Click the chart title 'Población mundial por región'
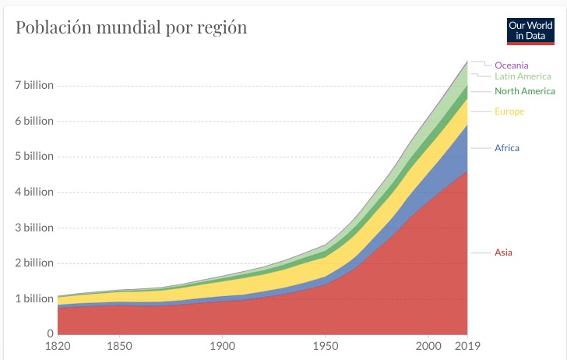[x=132, y=28]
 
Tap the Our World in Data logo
[x=530, y=30]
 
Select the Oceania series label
[x=512, y=65]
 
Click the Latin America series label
[x=523, y=76]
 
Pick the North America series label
[x=525, y=91]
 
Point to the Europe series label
[x=509, y=111]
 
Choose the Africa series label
[x=506, y=148]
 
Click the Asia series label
[x=503, y=252]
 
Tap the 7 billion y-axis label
[x=32, y=85]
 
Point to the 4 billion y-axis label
[x=32, y=192]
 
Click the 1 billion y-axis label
[x=32, y=298]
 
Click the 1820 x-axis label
[x=58, y=346]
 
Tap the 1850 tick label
[x=119, y=346]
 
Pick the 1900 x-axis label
[x=222, y=346]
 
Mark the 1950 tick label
[x=325, y=346]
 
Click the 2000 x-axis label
[x=428, y=346]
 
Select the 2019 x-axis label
[x=467, y=346]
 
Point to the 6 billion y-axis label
[x=32, y=121]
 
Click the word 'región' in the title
[x=222, y=29]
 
